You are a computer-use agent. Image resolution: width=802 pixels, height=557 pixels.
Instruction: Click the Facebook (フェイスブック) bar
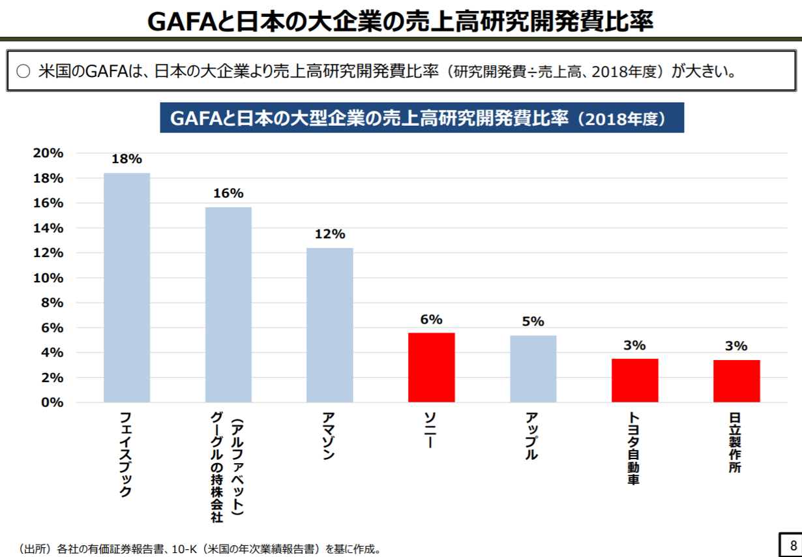point(126,288)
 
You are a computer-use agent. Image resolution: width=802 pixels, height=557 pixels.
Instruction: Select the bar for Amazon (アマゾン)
point(330,325)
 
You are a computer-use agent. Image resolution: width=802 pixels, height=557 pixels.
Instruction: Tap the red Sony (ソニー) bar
point(431,367)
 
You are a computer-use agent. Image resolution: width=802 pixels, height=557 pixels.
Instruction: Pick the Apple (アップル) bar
point(533,369)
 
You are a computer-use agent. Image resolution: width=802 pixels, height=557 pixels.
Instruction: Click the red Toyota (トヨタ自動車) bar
point(634,380)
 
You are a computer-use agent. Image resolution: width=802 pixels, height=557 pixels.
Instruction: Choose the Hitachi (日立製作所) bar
point(736,381)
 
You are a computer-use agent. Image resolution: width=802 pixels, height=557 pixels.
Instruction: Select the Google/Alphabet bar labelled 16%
point(228,305)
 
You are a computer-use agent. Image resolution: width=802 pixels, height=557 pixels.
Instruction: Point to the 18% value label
point(126,158)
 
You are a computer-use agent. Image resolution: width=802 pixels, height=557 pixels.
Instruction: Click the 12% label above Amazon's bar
point(330,234)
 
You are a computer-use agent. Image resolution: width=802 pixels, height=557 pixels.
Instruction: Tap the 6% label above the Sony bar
point(431,319)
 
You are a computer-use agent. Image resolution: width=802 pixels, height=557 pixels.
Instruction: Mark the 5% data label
point(533,322)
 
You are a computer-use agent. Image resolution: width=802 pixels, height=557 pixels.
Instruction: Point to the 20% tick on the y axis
point(48,153)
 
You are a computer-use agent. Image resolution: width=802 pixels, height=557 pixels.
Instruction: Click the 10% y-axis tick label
point(48,278)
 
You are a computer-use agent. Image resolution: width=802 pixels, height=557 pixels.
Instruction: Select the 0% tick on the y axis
point(52,402)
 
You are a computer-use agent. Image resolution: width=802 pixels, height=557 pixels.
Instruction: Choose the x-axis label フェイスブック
point(126,454)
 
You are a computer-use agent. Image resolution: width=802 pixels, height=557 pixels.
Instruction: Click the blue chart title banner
point(422,118)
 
